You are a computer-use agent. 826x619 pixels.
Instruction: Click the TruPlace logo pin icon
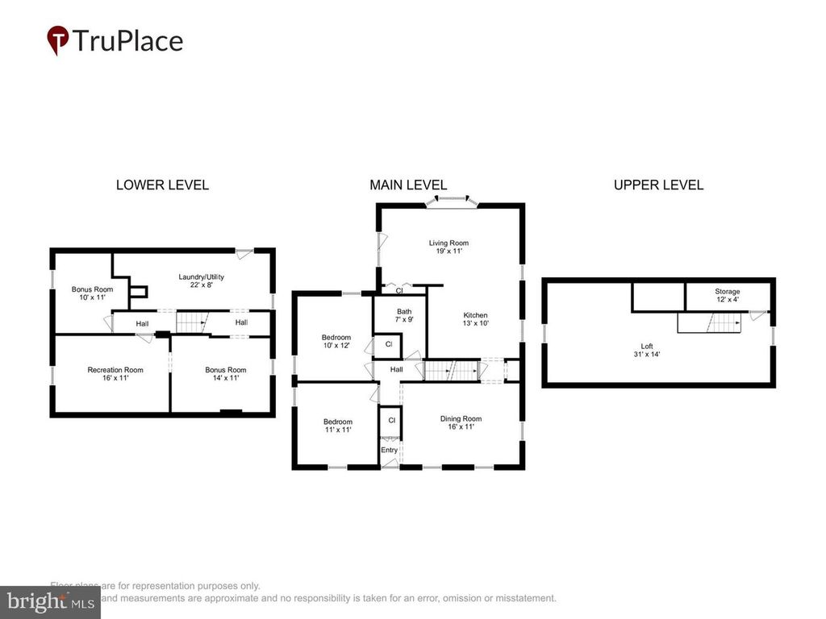pos(57,39)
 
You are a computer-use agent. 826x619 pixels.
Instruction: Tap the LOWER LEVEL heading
pos(162,185)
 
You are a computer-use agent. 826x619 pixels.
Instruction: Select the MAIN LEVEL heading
pos(408,185)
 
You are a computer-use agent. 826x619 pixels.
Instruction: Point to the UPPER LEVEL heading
pos(658,185)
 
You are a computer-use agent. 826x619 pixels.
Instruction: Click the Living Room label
pos(448,247)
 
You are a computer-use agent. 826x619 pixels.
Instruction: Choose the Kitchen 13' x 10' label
pos(475,319)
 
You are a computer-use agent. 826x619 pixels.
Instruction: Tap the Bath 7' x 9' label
pos(404,315)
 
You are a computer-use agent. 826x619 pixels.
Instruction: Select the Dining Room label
pos(461,422)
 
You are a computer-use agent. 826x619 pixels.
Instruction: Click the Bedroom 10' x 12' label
pos(336,342)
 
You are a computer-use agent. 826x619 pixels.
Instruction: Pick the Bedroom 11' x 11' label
pos(338,426)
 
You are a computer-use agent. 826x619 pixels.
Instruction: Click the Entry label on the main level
pos(390,450)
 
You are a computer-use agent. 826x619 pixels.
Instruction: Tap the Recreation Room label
pos(115,374)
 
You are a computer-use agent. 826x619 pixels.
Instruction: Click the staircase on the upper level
pos(708,323)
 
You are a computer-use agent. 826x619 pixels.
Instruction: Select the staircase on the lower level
pos(192,322)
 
